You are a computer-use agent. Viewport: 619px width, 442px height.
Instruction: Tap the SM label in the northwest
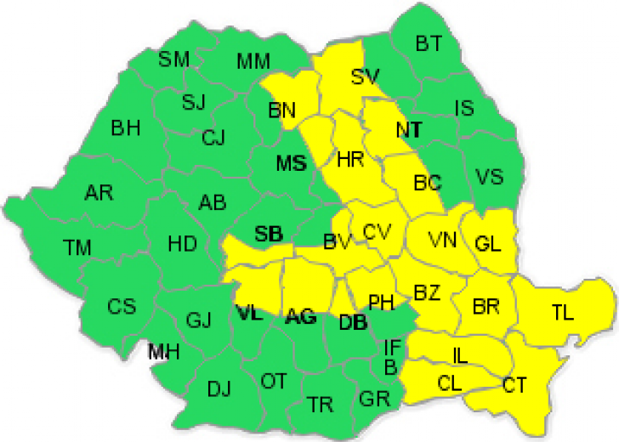(174, 59)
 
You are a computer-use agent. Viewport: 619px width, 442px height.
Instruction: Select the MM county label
(254, 61)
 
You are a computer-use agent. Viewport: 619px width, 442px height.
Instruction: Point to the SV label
(364, 77)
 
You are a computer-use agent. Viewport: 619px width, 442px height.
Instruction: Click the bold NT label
(409, 130)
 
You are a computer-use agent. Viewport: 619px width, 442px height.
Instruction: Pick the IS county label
(464, 108)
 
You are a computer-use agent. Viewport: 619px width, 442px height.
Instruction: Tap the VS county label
(489, 178)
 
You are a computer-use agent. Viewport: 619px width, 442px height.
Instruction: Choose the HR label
(350, 159)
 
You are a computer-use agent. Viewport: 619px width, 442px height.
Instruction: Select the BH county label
(126, 129)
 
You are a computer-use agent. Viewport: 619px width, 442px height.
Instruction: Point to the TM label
(77, 247)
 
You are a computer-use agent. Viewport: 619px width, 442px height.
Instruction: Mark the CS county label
(121, 307)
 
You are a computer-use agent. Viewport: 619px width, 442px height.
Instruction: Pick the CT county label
(514, 384)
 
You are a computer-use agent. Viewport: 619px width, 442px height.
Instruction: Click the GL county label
(489, 243)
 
